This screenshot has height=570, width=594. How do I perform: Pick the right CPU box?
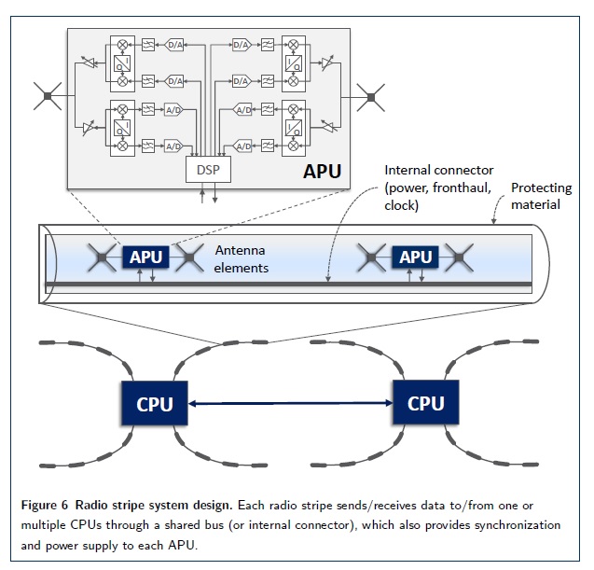click(x=425, y=403)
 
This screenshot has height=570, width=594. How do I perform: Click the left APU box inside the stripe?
click(x=145, y=257)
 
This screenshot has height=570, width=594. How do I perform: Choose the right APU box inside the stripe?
click(x=415, y=257)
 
